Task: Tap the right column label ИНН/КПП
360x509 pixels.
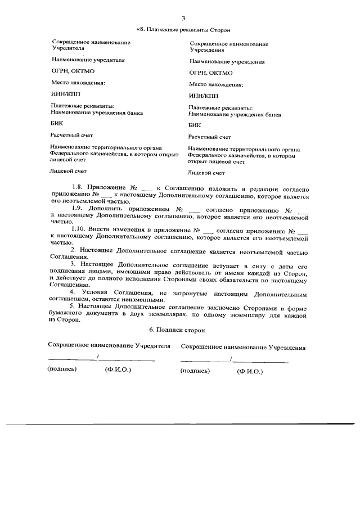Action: pos(204,96)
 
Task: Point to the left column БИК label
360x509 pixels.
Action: pos(57,124)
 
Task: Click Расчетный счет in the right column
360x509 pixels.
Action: pos(210,137)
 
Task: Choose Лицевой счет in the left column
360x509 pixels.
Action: pos(69,171)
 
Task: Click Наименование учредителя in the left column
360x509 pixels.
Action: pos(88,59)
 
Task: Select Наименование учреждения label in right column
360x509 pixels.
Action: pos(227,62)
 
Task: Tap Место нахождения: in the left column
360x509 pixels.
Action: pos(78,83)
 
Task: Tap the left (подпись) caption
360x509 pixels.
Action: pos(62,370)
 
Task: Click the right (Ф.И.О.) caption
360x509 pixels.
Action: pos(250,371)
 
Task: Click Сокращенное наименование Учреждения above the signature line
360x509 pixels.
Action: pos(244,348)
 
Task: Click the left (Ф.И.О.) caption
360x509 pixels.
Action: pos(118,370)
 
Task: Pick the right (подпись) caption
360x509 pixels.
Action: pos(195,371)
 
